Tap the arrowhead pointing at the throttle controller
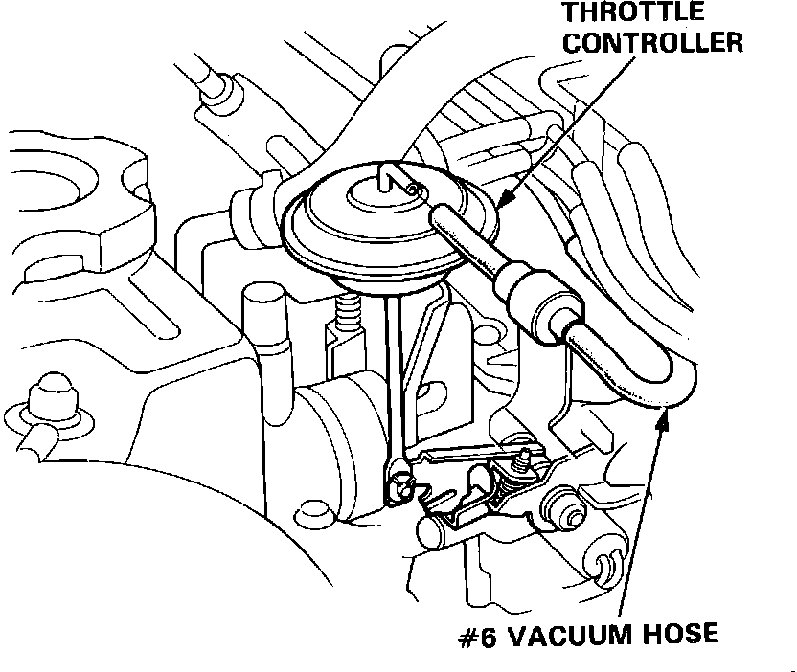(503, 198)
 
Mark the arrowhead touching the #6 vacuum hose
(662, 413)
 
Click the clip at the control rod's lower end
(398, 487)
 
